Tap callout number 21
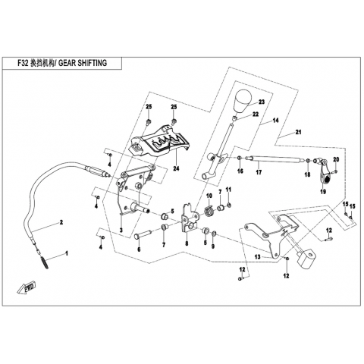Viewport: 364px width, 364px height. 299,132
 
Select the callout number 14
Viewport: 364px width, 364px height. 275,121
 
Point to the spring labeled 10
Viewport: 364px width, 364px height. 209,211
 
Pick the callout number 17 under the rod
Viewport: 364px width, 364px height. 259,172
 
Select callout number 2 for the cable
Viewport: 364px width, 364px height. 61,222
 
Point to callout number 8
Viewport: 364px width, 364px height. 187,243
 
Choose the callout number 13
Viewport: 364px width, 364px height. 257,257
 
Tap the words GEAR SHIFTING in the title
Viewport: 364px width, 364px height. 83,63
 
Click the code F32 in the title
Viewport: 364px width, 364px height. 23,63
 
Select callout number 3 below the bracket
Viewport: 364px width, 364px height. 121,230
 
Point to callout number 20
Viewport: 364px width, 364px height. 336,159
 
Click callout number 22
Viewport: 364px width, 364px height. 256,115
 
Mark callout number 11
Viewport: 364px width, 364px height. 228,189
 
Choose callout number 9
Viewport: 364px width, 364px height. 213,246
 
